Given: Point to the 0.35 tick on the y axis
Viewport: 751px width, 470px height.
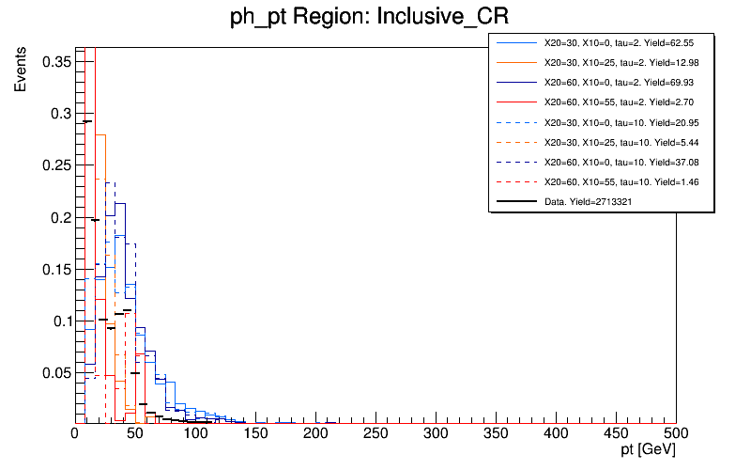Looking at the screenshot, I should coord(57,61).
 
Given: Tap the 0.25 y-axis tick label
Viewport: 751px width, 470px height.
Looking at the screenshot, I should coord(57,165).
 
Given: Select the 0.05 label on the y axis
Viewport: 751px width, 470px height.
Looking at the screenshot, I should coord(57,372).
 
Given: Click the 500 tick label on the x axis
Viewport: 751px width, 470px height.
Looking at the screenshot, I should coord(676,434).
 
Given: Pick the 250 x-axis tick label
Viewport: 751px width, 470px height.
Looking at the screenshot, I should coord(375,434).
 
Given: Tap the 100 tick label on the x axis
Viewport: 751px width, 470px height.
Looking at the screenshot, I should coord(195,434).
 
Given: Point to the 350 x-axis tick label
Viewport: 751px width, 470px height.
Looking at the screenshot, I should coord(496,434).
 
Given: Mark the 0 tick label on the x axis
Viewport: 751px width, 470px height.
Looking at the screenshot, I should coord(75,434).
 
